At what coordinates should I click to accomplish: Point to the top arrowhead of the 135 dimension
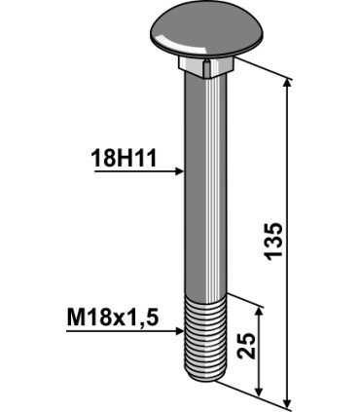point(287,85)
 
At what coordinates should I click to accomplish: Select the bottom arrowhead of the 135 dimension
point(287,400)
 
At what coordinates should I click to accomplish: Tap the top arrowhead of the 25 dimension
point(259,311)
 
